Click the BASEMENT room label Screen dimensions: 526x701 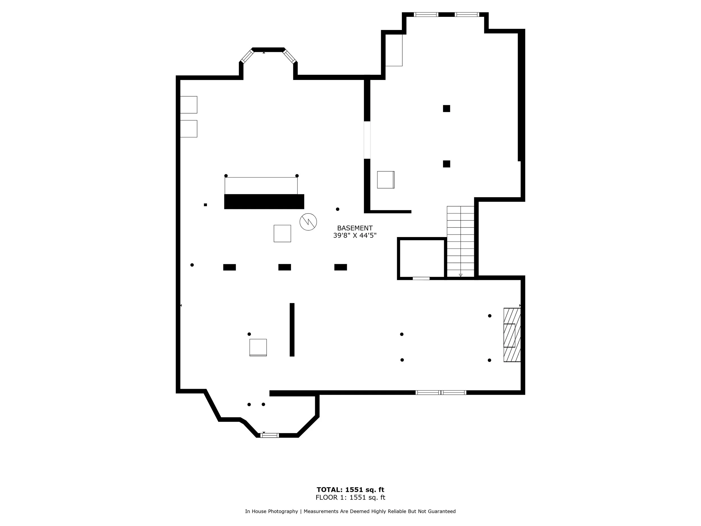click(355, 228)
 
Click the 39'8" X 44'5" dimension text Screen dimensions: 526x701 click(355, 236)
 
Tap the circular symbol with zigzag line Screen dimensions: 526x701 click(308, 222)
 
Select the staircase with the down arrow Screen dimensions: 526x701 click(460, 242)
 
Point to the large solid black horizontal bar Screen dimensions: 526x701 click(264, 202)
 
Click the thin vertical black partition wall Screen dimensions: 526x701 click(292, 330)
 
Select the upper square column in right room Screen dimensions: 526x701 click(446, 109)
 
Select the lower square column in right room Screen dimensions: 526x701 click(446, 164)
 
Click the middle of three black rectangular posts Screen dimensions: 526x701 click(285, 267)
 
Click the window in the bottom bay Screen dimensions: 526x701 click(269, 435)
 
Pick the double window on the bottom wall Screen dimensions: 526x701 click(441, 392)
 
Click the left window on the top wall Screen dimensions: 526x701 click(426, 15)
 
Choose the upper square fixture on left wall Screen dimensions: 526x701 click(188, 105)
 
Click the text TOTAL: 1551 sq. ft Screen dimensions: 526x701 click(350, 490)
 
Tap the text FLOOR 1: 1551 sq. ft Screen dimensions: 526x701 click(350, 497)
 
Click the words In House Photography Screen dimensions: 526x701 click(271, 511)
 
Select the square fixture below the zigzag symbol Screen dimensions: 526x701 click(282, 234)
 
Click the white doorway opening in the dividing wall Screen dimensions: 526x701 click(367, 140)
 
